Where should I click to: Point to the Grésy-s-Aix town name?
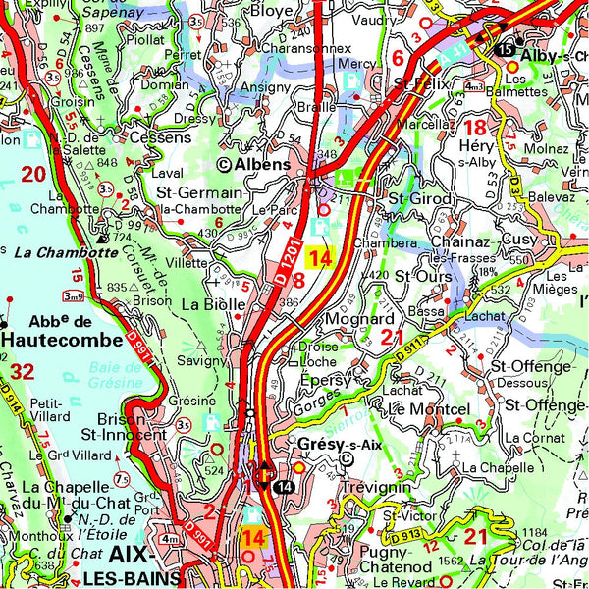[336, 443]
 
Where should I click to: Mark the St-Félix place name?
[412, 85]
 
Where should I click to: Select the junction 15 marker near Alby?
[505, 50]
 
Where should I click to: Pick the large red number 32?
[22, 371]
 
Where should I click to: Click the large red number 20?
[33, 175]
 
